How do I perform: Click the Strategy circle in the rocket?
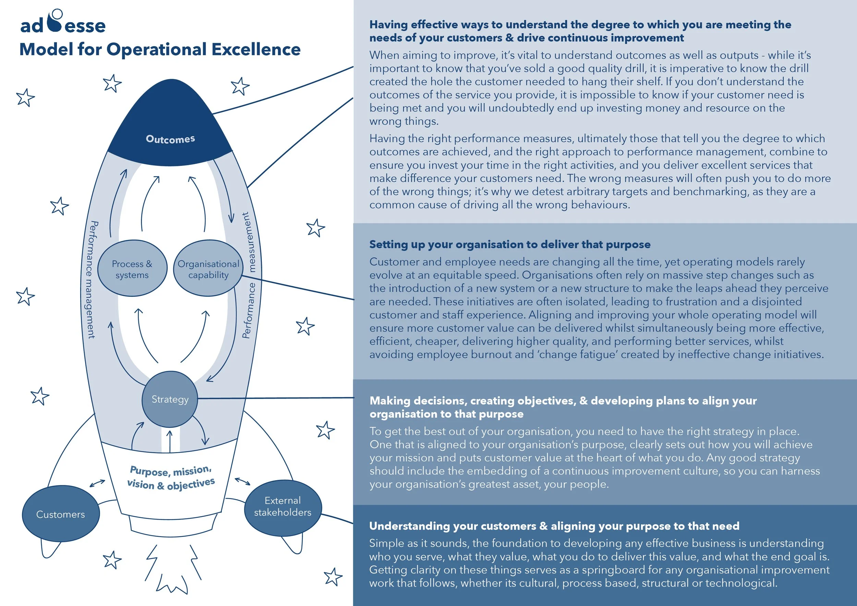pyautogui.click(x=170, y=399)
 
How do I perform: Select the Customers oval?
pyautogui.click(x=60, y=514)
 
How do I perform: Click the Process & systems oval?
pyautogui.click(x=132, y=269)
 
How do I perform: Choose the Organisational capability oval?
pyautogui.click(x=208, y=269)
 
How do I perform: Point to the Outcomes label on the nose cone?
pyautogui.click(x=170, y=139)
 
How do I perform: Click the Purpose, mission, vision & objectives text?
pyautogui.click(x=171, y=477)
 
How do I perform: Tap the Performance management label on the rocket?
pyautogui.click(x=91, y=280)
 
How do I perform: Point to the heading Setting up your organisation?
pyautogui.click(x=509, y=244)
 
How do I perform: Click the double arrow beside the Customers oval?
pyautogui.click(x=97, y=483)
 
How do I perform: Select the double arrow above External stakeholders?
pyautogui.click(x=243, y=481)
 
